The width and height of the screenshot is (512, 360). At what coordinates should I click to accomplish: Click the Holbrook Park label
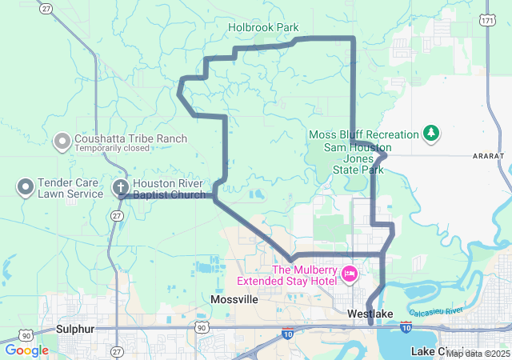(x=263, y=27)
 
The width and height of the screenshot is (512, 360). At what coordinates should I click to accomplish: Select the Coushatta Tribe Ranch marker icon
(x=62, y=142)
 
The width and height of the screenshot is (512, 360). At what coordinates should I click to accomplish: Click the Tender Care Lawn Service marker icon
(x=25, y=188)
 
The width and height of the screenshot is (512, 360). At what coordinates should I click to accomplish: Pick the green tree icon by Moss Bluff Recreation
(x=431, y=133)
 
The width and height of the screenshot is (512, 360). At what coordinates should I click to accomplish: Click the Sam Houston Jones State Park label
(x=358, y=158)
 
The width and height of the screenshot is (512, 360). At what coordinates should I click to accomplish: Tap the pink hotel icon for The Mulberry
(x=349, y=274)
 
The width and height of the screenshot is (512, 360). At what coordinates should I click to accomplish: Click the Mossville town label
(x=234, y=299)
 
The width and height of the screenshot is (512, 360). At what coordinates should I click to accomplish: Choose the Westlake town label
(x=370, y=314)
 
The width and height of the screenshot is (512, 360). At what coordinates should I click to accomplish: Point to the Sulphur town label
(x=75, y=329)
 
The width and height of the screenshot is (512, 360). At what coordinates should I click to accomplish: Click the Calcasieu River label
(x=436, y=310)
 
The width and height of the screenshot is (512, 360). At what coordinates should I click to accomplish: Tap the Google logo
(x=26, y=350)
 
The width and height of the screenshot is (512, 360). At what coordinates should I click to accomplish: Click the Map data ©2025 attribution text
(x=478, y=354)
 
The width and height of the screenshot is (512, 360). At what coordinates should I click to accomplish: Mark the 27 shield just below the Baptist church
(x=118, y=216)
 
